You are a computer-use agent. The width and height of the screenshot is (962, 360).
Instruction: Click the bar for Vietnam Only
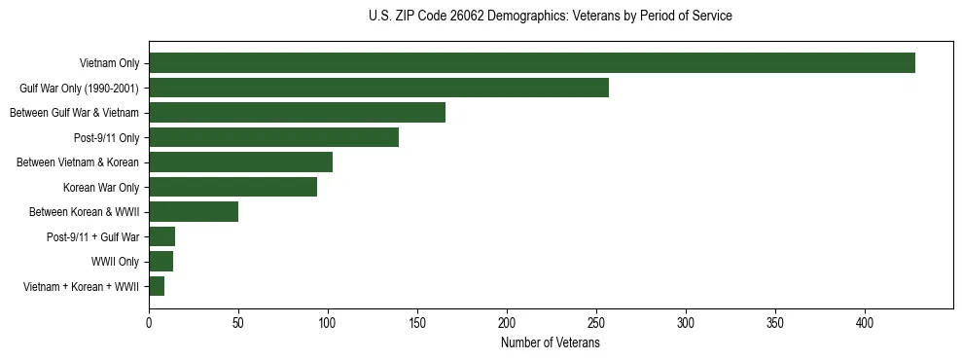[531, 63]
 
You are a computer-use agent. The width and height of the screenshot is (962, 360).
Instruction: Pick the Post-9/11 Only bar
[273, 137]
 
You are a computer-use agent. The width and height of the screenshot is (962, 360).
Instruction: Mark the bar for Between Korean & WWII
[194, 212]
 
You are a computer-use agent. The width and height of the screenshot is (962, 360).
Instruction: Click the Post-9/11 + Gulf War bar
[161, 236]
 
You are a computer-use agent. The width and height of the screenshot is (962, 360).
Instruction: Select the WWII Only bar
[160, 262]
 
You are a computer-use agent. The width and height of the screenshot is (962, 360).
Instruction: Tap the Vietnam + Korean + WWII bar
[157, 286]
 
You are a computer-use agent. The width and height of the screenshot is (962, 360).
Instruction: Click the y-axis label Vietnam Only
[109, 63]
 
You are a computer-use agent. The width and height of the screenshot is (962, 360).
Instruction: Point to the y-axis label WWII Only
[115, 262]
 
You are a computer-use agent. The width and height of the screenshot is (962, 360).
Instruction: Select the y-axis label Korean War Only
[101, 187]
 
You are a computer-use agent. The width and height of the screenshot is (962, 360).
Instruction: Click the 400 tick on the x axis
[865, 321]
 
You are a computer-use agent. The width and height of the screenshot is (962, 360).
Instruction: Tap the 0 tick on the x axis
[149, 321]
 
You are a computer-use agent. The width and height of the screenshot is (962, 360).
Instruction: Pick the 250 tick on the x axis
[596, 321]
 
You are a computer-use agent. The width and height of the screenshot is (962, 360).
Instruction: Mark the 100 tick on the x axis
[328, 321]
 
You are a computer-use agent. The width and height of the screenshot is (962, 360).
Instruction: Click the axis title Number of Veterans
[550, 342]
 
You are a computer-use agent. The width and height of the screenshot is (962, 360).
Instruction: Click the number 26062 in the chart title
[472, 17]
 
